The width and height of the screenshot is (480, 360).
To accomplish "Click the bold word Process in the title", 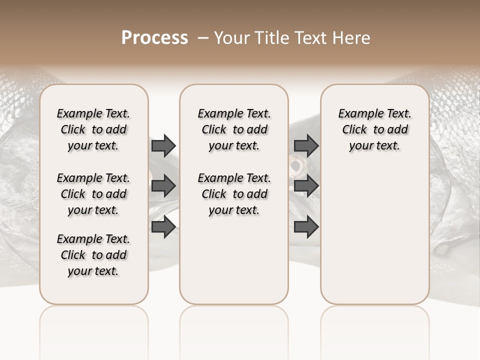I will pyautogui.click(x=154, y=37).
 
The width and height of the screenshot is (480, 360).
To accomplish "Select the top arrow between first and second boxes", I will pyautogui.click(x=163, y=145).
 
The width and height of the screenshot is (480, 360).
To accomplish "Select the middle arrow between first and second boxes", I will pyautogui.click(x=163, y=186).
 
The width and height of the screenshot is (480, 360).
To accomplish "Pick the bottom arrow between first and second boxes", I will pyautogui.click(x=163, y=226).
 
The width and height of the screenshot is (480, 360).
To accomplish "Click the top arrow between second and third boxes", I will pyautogui.click(x=306, y=145).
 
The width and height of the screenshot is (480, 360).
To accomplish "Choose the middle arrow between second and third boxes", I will pyautogui.click(x=306, y=186).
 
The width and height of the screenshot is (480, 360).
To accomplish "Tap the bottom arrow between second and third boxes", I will pyautogui.click(x=306, y=226).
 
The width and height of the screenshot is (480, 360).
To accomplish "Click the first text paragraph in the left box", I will pyautogui.click(x=93, y=129).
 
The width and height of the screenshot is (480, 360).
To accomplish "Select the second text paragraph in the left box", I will pyautogui.click(x=93, y=194).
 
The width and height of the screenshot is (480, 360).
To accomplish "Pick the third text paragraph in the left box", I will pyautogui.click(x=93, y=255).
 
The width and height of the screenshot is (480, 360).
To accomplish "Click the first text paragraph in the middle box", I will pyautogui.click(x=234, y=129).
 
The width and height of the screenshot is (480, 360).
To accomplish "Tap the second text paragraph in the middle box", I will pyautogui.click(x=234, y=194).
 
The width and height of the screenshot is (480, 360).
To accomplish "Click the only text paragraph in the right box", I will pyautogui.click(x=374, y=129).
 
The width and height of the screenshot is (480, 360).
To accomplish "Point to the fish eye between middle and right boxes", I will pyautogui.click(x=296, y=164).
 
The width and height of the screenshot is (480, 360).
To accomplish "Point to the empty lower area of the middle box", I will pyautogui.click(x=234, y=260).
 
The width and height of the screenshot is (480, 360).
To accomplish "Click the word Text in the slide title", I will pyautogui.click(x=310, y=37).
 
